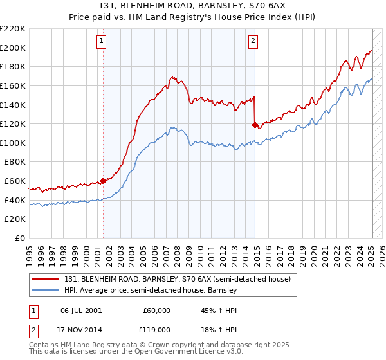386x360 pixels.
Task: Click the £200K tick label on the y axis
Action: (x=13, y=48)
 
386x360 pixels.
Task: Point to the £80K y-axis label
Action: (x=15, y=162)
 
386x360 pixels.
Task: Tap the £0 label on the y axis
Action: (x=21, y=239)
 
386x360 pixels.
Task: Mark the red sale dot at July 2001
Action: (x=103, y=181)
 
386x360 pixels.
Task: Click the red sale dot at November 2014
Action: (x=255, y=125)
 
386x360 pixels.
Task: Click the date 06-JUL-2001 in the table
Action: (x=80, y=310)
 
